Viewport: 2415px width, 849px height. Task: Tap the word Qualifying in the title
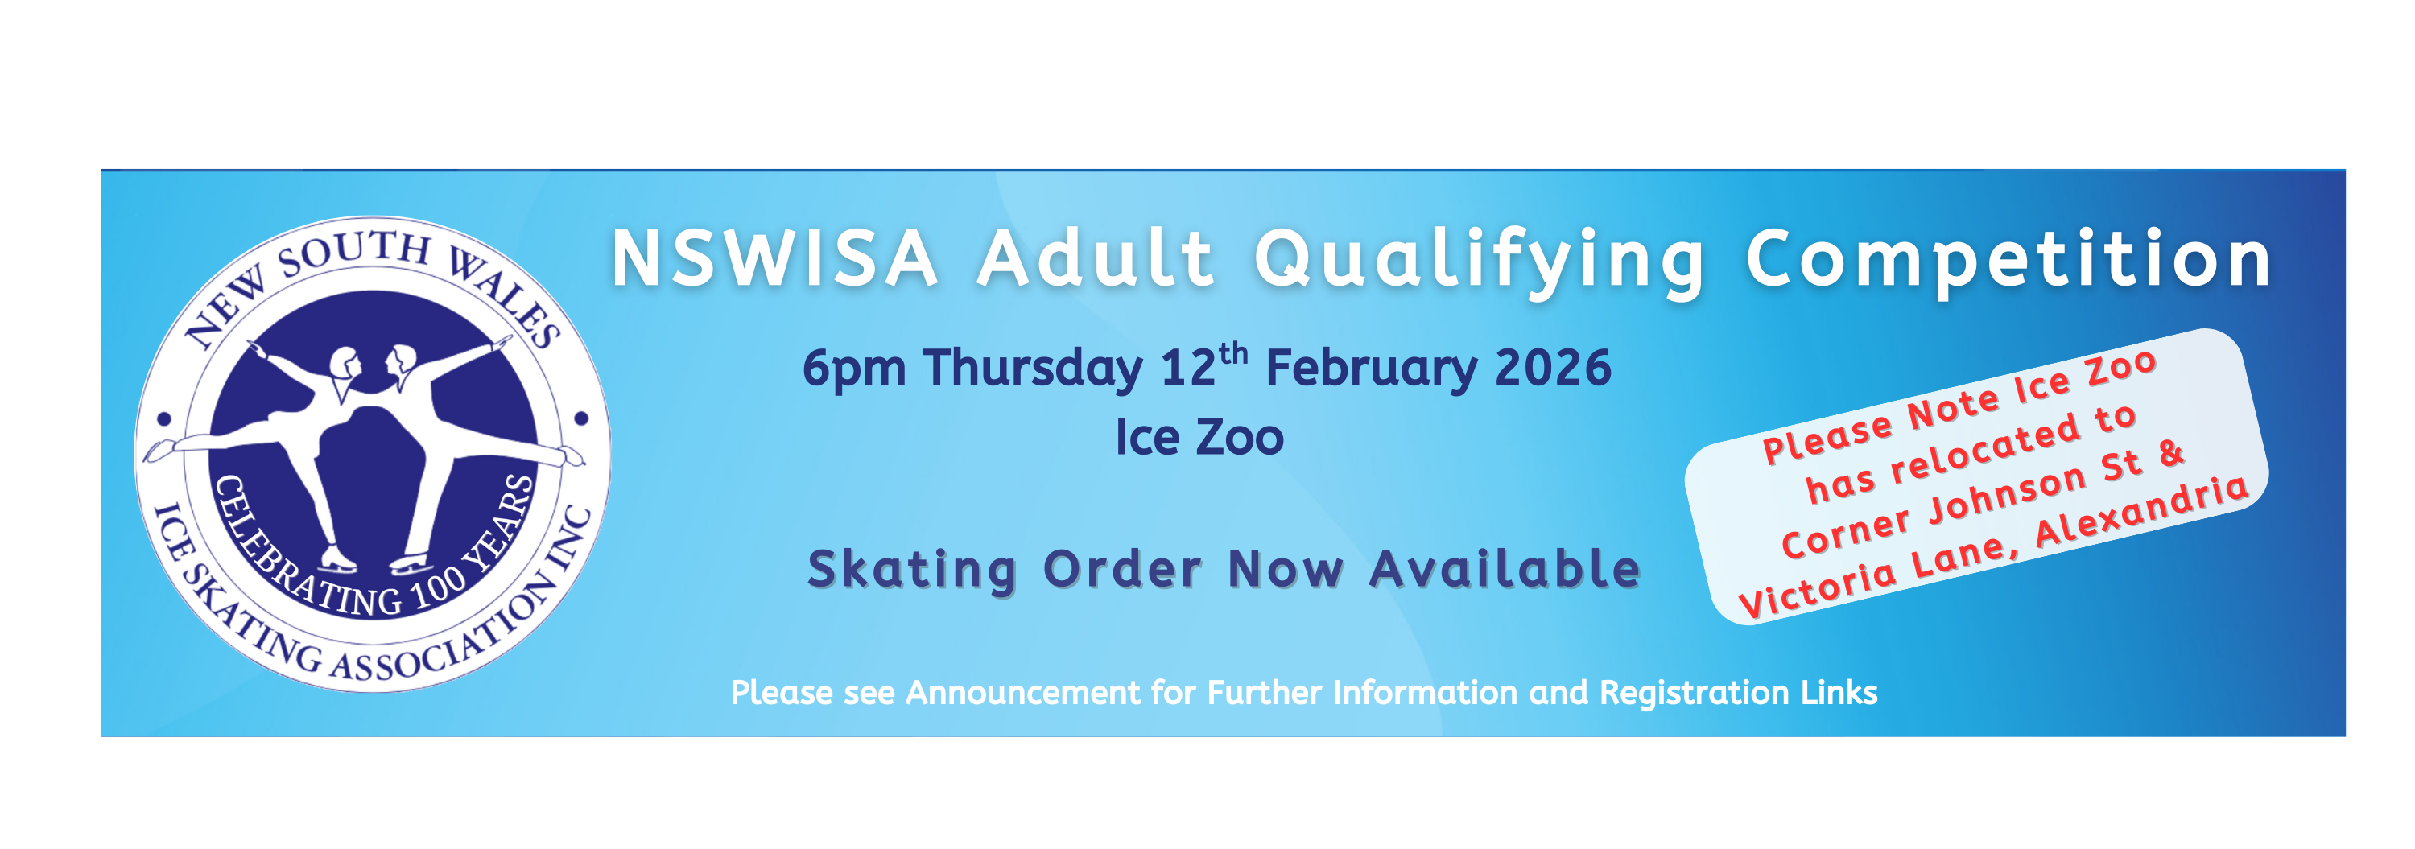tap(1480, 262)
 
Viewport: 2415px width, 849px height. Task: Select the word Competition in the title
tap(2008, 261)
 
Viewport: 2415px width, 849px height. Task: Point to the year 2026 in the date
tap(1553, 369)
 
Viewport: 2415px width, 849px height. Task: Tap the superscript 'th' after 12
tap(1234, 354)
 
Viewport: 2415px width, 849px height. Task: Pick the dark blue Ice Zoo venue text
tap(1199, 438)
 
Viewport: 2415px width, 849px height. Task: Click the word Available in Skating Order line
tap(1505, 569)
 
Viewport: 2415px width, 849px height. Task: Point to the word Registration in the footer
tap(1694, 694)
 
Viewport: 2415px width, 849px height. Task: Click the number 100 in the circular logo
tap(438, 587)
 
